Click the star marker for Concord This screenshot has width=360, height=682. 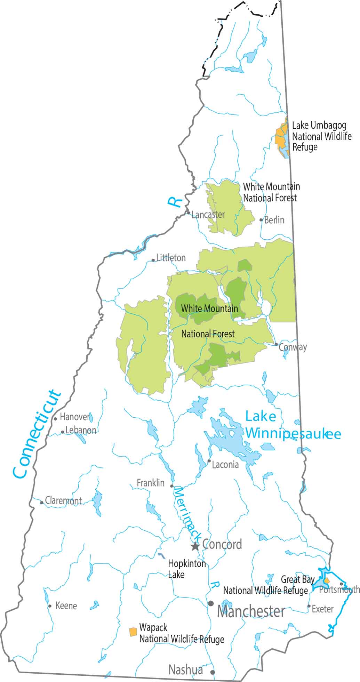[x=195, y=546]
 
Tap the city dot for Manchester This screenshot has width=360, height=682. [x=211, y=603]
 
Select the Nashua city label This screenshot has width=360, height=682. [x=185, y=670]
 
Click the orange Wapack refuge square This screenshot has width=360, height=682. [x=133, y=632]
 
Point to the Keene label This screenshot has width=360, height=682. [x=66, y=606]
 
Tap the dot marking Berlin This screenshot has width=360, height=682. [x=261, y=220]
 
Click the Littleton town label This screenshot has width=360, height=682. [x=171, y=258]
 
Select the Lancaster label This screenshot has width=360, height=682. [x=208, y=215]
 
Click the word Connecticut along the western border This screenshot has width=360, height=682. [x=36, y=435]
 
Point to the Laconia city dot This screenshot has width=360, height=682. [x=209, y=461]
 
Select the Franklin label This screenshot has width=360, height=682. [x=151, y=483]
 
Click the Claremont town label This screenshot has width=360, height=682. [x=64, y=501]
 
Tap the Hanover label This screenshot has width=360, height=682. [x=75, y=416]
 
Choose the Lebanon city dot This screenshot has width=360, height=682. [x=63, y=432]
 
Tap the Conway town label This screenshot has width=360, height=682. [x=293, y=347]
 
